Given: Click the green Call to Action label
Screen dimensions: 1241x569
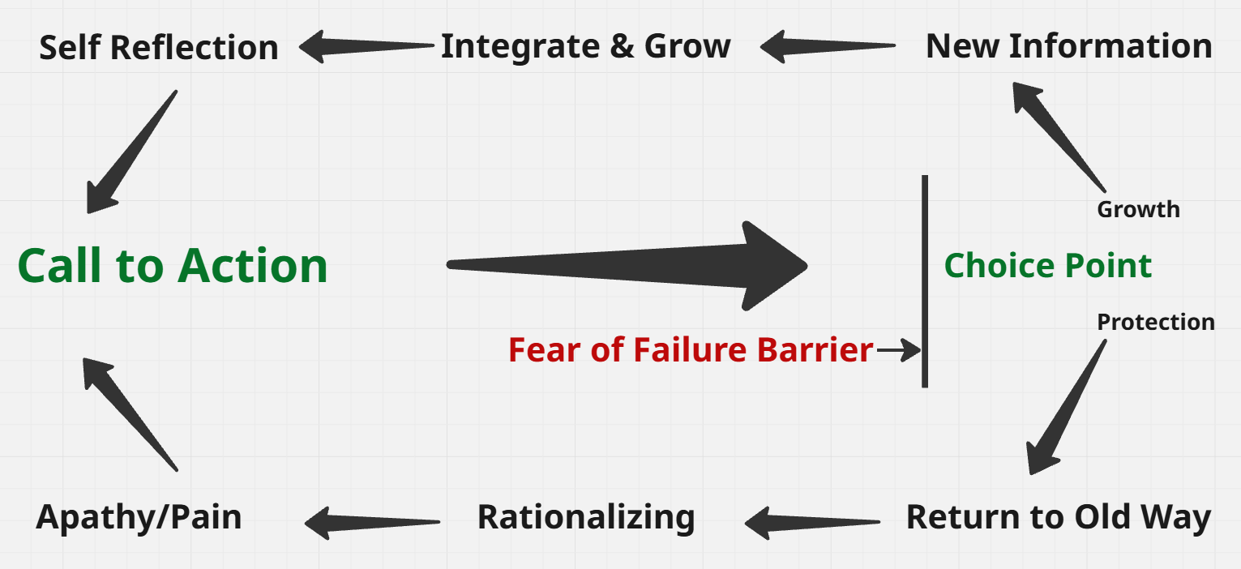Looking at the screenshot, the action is [x=173, y=266].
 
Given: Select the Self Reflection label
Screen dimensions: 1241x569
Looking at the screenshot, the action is [x=159, y=47].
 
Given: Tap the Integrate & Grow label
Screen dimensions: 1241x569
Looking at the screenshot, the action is [x=585, y=46].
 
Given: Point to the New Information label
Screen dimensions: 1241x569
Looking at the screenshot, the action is [x=1069, y=45].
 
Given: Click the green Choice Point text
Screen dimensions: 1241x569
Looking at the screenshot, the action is [x=1048, y=265].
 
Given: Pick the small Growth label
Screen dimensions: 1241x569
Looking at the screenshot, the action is [x=1139, y=209].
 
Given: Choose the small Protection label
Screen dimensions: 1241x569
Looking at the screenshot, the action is [x=1156, y=322].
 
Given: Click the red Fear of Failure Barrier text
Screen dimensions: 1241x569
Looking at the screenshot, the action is [x=691, y=349].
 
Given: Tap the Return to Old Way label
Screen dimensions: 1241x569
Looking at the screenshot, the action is [x=1059, y=517].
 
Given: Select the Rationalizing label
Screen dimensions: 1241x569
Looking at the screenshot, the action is [x=586, y=517].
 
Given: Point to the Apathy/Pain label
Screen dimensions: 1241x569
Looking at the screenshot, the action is [x=139, y=517].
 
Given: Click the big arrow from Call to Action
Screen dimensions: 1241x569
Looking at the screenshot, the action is [x=627, y=266].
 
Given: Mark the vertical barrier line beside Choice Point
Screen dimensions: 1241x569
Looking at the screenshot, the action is [x=925, y=281].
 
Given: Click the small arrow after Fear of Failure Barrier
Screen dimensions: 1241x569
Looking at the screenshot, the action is [x=899, y=350].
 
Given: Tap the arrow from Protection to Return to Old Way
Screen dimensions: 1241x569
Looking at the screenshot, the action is [x=1067, y=407].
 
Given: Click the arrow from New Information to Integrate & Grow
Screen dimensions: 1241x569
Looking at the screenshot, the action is [x=828, y=46].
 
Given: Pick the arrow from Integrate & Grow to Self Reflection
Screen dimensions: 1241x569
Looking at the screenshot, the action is [x=366, y=46].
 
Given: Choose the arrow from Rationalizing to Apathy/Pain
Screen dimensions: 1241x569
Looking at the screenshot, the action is [x=372, y=523].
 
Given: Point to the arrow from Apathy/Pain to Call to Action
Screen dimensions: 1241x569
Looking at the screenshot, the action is [x=131, y=414].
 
